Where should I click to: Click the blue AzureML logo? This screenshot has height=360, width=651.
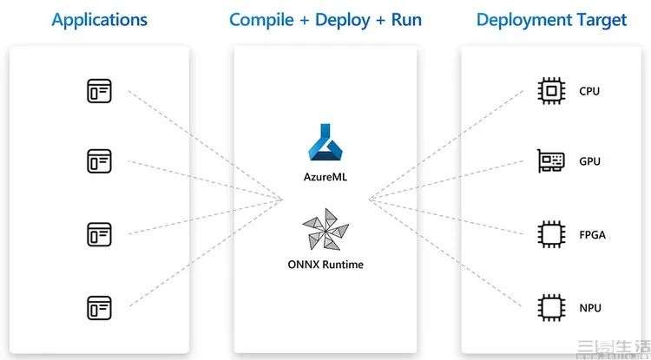click(326, 141)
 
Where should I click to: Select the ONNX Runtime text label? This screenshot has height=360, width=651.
click(325, 264)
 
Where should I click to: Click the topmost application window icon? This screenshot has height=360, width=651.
click(99, 90)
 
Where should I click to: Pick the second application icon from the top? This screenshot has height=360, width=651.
click(99, 160)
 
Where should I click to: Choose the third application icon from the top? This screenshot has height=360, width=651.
click(99, 233)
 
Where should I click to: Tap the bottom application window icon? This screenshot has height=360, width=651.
click(99, 306)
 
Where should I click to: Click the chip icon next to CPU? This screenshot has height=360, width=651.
click(549, 90)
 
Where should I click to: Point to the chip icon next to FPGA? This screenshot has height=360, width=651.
click(549, 233)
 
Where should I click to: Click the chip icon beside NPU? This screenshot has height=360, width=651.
click(549, 307)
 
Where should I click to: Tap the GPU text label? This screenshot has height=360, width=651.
click(589, 161)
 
